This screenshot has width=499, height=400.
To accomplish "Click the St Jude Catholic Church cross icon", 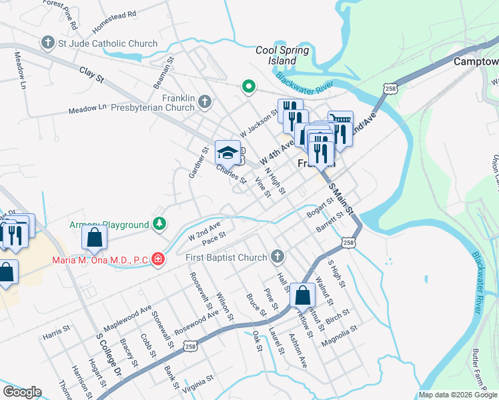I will [x=47, y=43].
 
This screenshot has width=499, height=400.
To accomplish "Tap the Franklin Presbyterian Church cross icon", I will [x=204, y=101].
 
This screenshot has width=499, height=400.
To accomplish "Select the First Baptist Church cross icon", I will [x=278, y=257].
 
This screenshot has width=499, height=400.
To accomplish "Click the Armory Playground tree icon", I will [x=159, y=224].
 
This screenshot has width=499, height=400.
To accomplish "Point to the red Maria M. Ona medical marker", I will [x=158, y=258].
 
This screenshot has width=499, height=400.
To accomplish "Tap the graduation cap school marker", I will [x=227, y=153].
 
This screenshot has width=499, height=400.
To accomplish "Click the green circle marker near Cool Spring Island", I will [x=248, y=85].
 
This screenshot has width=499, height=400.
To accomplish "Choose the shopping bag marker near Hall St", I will [x=302, y=295].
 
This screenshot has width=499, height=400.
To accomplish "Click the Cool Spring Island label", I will [x=283, y=55].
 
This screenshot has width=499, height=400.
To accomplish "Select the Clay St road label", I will [x=92, y=74].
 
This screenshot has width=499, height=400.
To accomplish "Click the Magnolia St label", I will [x=340, y=333].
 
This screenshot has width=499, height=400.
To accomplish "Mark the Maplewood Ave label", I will [x=127, y=313].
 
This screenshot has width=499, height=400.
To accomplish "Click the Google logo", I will [x=22, y=392].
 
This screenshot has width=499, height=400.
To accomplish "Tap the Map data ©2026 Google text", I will [x=458, y=395].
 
